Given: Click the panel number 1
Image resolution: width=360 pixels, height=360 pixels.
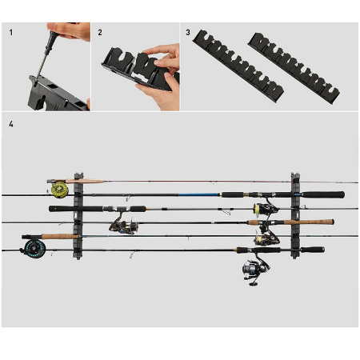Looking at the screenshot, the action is click(11, 33).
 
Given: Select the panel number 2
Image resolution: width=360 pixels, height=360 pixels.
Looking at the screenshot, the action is click(100, 33).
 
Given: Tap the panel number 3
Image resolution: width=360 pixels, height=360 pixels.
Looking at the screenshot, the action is click(188, 33).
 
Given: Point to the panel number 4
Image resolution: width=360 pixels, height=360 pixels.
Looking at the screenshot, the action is click(11, 124).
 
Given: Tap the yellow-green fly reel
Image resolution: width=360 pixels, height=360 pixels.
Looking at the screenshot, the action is click(60, 190).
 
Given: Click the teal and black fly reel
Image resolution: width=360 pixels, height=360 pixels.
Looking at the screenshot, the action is click(34, 249).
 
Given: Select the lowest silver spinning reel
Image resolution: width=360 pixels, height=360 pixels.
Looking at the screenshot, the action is click(255, 270).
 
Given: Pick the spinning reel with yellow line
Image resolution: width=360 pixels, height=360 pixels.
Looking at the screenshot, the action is click(264, 207).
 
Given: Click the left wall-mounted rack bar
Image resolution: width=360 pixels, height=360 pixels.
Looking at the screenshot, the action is click(78, 216).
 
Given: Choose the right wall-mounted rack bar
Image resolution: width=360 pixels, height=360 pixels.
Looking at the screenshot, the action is click(295, 215).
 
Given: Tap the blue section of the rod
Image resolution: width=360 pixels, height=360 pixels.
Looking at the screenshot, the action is click(198, 194).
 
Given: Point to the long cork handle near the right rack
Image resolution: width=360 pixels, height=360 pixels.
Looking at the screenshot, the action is click(309, 222).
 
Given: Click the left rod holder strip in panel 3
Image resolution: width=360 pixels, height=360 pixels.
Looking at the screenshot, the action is click(238, 66).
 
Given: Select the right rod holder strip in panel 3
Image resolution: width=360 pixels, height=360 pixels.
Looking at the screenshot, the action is click(294, 69).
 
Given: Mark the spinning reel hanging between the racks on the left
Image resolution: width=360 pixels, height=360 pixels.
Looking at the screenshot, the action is click(123, 223).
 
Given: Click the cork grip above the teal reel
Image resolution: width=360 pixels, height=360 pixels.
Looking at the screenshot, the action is click(61, 236).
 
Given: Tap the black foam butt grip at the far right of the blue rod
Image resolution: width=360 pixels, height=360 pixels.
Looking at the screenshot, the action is click(323, 194).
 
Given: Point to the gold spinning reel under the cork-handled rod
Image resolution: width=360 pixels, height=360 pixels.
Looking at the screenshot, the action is click(266, 237).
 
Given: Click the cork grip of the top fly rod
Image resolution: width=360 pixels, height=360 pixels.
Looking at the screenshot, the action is click(85, 182).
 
